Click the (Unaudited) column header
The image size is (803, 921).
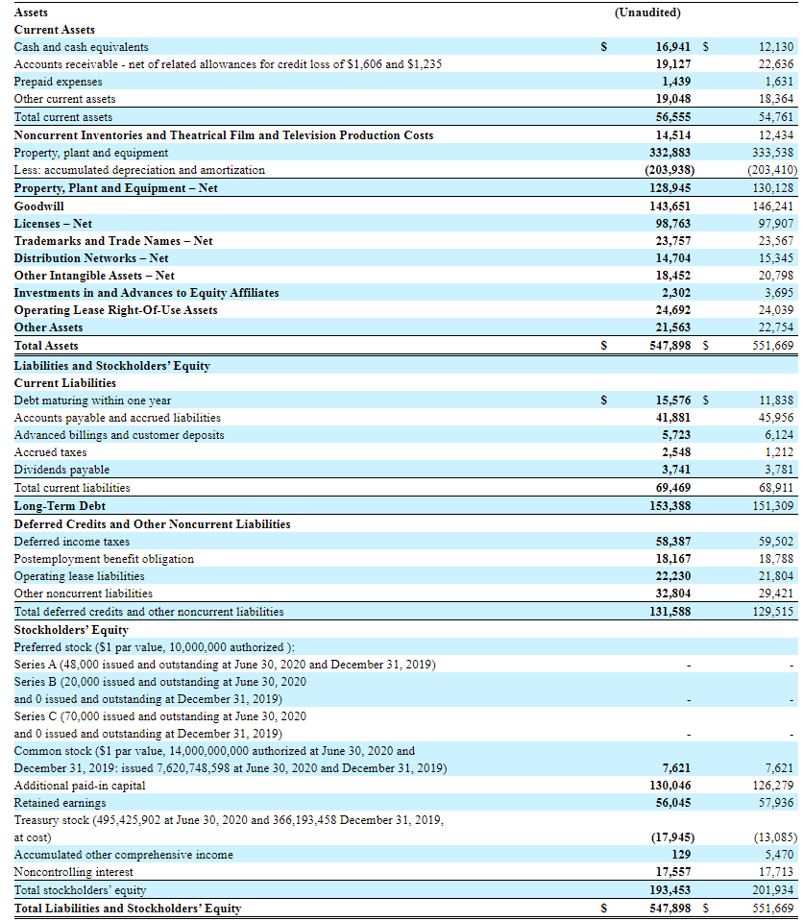[x=646, y=12]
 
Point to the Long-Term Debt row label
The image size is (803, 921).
[x=60, y=505]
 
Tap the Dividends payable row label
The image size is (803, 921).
[x=61, y=470]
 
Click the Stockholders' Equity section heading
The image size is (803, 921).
[x=71, y=630]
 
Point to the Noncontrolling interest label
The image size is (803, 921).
[x=74, y=872]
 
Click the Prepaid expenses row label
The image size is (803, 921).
[x=58, y=82]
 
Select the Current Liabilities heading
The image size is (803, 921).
[x=65, y=383]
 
